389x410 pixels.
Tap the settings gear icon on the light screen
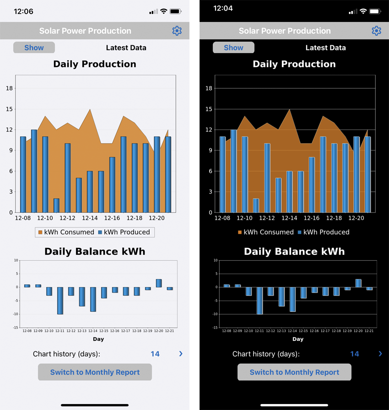pyautogui.click(x=177, y=31)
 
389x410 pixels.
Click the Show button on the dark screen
pyautogui.click(x=233, y=48)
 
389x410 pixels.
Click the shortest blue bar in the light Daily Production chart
pyautogui.click(x=56, y=205)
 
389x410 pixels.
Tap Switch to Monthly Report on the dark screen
pyautogui.click(x=294, y=372)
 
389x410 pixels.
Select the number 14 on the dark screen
pyautogui.click(x=354, y=354)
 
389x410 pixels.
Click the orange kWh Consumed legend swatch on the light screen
pyautogui.click(x=40, y=232)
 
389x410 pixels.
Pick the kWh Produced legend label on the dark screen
pyautogui.click(x=326, y=232)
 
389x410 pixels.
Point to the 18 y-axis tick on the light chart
pyautogui.click(x=9, y=88)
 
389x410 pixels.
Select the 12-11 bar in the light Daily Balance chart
pyautogui.click(x=60, y=300)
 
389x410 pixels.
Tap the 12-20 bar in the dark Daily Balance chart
pyautogui.click(x=358, y=283)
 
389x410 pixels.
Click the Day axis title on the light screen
pyautogui.click(x=98, y=339)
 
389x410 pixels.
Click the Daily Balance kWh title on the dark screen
pyautogui.click(x=294, y=251)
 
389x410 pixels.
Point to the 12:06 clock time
pyautogui.click(x=24, y=11)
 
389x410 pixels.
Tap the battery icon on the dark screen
pyautogui.click(x=375, y=11)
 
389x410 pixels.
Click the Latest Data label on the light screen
pyautogui.click(x=126, y=48)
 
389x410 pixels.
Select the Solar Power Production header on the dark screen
pyautogui.click(x=285, y=31)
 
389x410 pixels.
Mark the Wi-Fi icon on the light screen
pyautogui.click(x=163, y=11)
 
